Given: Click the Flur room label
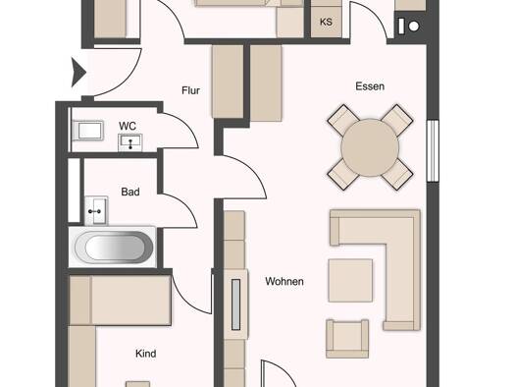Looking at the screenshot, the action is pyautogui.click(x=190, y=90).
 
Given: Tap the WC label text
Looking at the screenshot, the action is pyautogui.click(x=128, y=126).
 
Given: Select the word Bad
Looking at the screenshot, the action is pyautogui.click(x=130, y=192).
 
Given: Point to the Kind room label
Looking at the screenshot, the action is pyautogui.click(x=146, y=354).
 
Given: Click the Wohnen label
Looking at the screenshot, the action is pyautogui.click(x=284, y=281).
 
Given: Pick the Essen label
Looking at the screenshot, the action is pyautogui.click(x=370, y=86).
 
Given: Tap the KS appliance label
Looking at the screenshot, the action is pyautogui.click(x=326, y=22).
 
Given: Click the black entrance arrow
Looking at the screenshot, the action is pyautogui.click(x=78, y=73).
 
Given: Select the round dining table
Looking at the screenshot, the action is pyautogui.click(x=370, y=147).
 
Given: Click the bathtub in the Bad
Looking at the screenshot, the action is pyautogui.click(x=114, y=247).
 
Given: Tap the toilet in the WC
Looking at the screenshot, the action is pyautogui.click(x=88, y=131).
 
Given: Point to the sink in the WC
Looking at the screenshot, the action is pyautogui.click(x=130, y=142).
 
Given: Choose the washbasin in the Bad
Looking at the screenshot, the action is pyautogui.click(x=96, y=210).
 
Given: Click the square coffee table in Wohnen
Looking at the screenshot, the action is pyautogui.click(x=350, y=280).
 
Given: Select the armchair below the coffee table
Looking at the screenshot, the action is pyautogui.click(x=347, y=338).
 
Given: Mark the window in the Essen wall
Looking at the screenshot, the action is pyautogui.click(x=433, y=150).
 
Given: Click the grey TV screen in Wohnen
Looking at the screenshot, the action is pyautogui.click(x=235, y=304).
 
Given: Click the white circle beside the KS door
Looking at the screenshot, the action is pyautogui.click(x=414, y=26).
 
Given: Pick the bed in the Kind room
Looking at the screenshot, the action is pyautogui.click(x=121, y=301).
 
